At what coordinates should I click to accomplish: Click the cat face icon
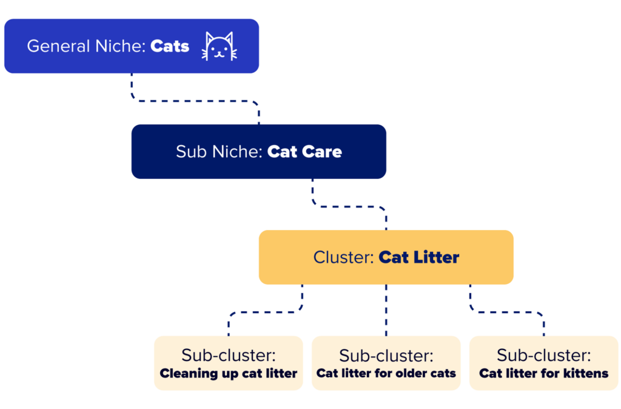pyautogui.click(x=220, y=46)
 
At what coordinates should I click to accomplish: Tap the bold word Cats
pyautogui.click(x=170, y=46)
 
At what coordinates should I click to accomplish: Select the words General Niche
pyautogui.click(x=86, y=46)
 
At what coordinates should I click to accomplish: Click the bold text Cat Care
pyautogui.click(x=304, y=151)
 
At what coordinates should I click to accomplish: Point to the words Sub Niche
pyautogui.click(x=219, y=151)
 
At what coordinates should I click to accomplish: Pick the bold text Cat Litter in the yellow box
pyautogui.click(x=419, y=257)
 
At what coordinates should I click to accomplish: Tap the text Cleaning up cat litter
pyautogui.click(x=229, y=373)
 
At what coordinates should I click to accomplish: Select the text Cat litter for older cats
pyautogui.click(x=386, y=373)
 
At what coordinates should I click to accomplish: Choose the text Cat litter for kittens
pyautogui.click(x=544, y=373)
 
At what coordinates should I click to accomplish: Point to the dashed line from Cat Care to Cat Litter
pyautogui.click(x=349, y=206)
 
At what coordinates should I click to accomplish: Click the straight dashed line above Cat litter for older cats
pyautogui.click(x=386, y=310)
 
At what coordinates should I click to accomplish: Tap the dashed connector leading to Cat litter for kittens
pyautogui.click(x=507, y=313)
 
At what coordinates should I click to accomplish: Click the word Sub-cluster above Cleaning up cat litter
pyautogui.click(x=229, y=355)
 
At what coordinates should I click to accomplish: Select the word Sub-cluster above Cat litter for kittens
pyautogui.click(x=544, y=355)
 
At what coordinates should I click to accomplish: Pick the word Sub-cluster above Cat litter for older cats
pyautogui.click(x=386, y=355)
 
